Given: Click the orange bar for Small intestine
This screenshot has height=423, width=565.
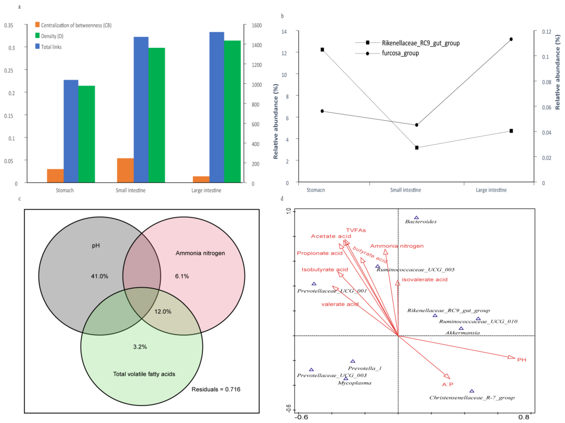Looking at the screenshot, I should (125, 170).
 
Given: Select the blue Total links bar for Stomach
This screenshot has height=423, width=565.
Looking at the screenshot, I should (71, 131).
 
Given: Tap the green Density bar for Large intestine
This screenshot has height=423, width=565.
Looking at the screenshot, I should (232, 111).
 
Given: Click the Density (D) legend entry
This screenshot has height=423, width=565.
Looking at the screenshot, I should (52, 36).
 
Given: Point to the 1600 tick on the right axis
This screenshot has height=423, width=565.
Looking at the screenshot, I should (256, 25).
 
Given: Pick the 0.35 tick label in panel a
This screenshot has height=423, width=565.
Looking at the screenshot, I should (9, 25).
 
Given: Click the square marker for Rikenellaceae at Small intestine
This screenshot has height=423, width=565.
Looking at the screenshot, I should (417, 147).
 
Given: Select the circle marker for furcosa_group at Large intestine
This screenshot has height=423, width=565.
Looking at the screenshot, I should (511, 39).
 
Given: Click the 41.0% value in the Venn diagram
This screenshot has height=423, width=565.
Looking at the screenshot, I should (100, 276).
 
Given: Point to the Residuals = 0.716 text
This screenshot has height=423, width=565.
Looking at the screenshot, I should (216, 389).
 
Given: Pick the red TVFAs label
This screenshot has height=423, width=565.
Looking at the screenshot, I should (356, 230).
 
